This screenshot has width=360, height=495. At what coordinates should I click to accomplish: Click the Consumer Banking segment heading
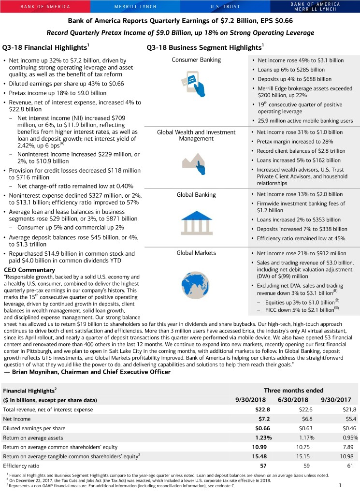(196, 59)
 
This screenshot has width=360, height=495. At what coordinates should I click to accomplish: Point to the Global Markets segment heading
(196, 252)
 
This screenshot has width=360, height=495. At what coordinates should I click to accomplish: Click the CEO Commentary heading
(29, 270)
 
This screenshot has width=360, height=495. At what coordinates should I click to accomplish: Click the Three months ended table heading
(294, 390)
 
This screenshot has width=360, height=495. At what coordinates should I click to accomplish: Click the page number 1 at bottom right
(341, 485)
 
